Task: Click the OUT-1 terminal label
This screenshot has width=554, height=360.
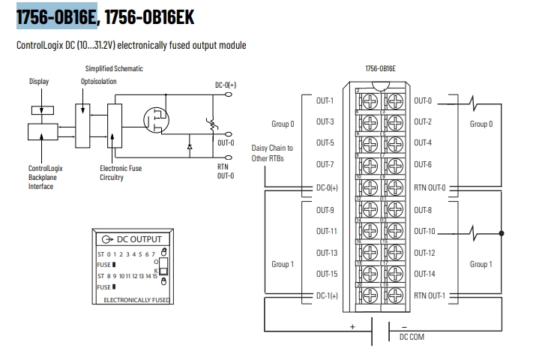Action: point(325,100)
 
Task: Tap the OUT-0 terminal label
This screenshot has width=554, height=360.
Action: point(423,100)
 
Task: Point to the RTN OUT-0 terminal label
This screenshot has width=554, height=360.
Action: point(430,187)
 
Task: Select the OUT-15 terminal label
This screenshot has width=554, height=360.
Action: point(326,274)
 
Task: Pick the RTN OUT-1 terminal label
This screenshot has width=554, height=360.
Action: point(430,295)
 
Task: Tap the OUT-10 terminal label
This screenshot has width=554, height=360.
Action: point(424,231)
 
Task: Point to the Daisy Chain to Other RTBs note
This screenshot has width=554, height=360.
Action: point(272,153)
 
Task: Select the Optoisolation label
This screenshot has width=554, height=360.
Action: point(98,81)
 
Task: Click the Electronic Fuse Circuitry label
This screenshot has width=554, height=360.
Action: point(121,173)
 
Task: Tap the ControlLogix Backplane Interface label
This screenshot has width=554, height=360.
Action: point(46,178)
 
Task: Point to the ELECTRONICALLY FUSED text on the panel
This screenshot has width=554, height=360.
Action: point(136,300)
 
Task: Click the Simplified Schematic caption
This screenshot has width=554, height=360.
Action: point(114,69)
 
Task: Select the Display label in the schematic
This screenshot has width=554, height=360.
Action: point(39,81)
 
